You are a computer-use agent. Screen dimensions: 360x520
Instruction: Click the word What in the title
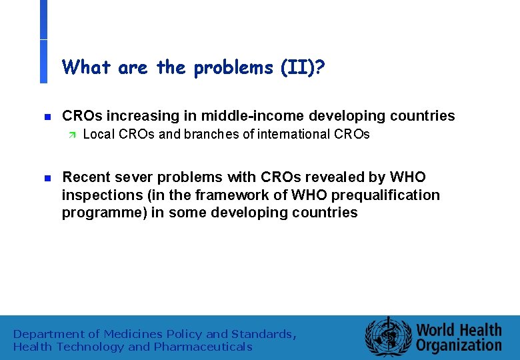point(87,67)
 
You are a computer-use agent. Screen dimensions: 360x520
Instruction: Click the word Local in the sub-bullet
point(98,134)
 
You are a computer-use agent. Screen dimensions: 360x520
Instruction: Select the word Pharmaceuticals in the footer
point(203,347)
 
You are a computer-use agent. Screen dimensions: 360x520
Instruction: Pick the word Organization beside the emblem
point(459,345)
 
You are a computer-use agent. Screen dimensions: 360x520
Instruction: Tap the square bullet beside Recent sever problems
point(47,178)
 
